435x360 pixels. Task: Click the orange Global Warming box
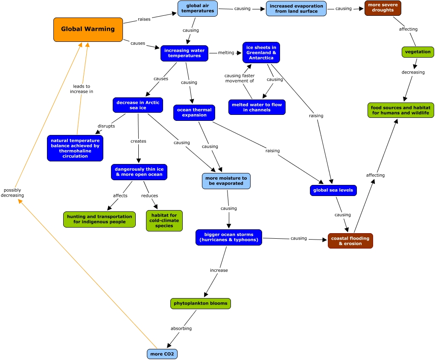(x=88, y=30)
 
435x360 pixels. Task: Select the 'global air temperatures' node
(x=198, y=8)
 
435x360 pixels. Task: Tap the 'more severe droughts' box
(x=383, y=8)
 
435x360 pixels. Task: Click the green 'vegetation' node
(x=417, y=52)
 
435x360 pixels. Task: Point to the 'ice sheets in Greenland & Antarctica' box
(x=261, y=53)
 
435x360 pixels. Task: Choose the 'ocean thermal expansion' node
(x=194, y=112)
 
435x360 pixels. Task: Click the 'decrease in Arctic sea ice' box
(x=138, y=105)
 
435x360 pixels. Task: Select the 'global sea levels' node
(x=333, y=190)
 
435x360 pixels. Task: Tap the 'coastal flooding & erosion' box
(x=350, y=241)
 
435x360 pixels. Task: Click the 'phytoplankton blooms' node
(x=201, y=303)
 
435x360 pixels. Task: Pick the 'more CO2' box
(x=162, y=354)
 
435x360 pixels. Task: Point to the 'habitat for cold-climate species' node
(x=164, y=221)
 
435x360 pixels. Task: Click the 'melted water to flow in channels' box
(x=257, y=107)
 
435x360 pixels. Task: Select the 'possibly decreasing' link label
(x=12, y=193)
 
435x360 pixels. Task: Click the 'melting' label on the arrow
(x=226, y=53)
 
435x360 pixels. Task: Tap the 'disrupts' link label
(x=106, y=126)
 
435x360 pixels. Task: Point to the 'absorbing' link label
(x=181, y=328)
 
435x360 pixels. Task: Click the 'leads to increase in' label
(x=82, y=89)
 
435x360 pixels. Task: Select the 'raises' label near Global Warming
(x=144, y=19)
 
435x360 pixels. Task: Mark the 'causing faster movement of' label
(x=239, y=78)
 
